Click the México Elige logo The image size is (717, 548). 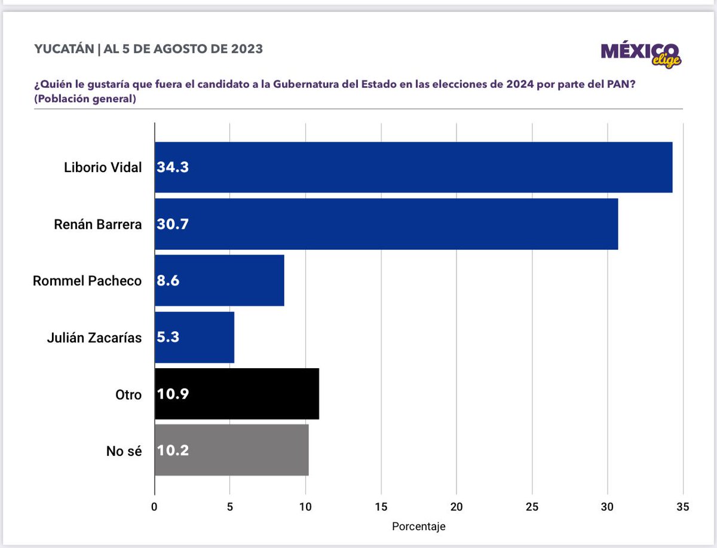641,54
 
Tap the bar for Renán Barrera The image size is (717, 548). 386,224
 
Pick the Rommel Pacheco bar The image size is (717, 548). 219,280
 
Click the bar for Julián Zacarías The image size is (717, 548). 194,337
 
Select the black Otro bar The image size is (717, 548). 237,394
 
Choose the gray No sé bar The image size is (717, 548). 231,450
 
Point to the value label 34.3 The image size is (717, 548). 173,168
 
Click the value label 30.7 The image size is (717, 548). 173,225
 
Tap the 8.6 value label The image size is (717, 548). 168,281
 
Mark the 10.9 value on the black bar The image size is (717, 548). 173,394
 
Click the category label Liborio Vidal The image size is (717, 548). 103,167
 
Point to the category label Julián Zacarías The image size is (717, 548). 94,338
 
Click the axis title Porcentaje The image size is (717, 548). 418,527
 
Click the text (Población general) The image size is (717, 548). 85,99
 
